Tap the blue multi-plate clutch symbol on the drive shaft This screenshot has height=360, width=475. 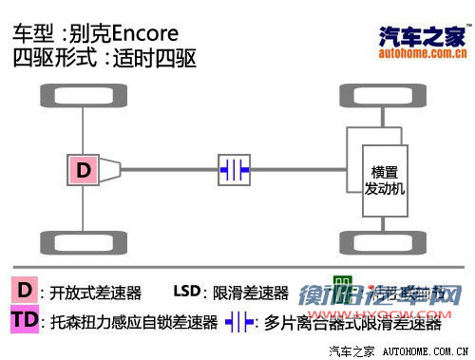pos(234,170)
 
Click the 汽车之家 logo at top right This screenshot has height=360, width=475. pos(422,35)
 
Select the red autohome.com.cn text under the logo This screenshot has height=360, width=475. pos(422,54)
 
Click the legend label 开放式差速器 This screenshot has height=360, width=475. pos(95,293)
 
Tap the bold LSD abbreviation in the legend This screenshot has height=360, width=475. pos(187,292)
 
